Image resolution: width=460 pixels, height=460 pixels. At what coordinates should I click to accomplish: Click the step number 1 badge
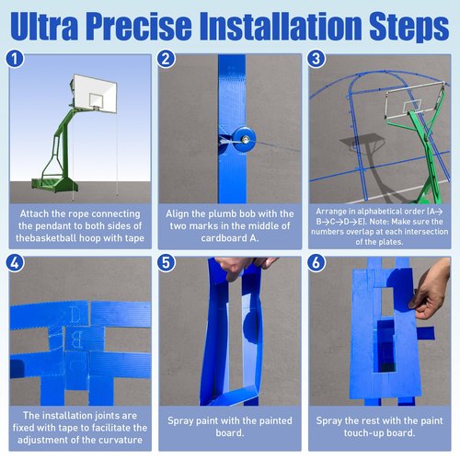click(15, 59)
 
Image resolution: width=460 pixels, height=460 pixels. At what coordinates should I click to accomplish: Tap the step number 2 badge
click(166, 59)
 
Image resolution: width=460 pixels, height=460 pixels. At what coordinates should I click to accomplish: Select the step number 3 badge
click(316, 59)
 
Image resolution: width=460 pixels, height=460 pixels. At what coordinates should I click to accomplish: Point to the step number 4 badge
click(15, 263)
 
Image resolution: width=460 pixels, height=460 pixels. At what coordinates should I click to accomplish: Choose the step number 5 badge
click(166, 263)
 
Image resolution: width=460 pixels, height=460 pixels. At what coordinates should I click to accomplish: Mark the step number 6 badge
click(316, 263)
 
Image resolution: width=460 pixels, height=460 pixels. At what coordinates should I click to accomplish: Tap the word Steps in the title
click(409, 27)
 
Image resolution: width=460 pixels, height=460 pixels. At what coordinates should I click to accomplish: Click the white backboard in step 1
click(95, 93)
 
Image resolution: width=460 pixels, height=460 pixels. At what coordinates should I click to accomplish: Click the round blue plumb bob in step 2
click(244, 140)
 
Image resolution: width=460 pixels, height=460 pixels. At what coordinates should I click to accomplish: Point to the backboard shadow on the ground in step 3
click(362, 142)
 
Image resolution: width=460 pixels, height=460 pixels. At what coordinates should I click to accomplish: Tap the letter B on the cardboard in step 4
click(75, 339)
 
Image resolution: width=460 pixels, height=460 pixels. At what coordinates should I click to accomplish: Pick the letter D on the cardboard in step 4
click(75, 314)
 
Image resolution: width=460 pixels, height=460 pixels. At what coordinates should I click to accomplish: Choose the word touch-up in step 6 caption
click(365, 432)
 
